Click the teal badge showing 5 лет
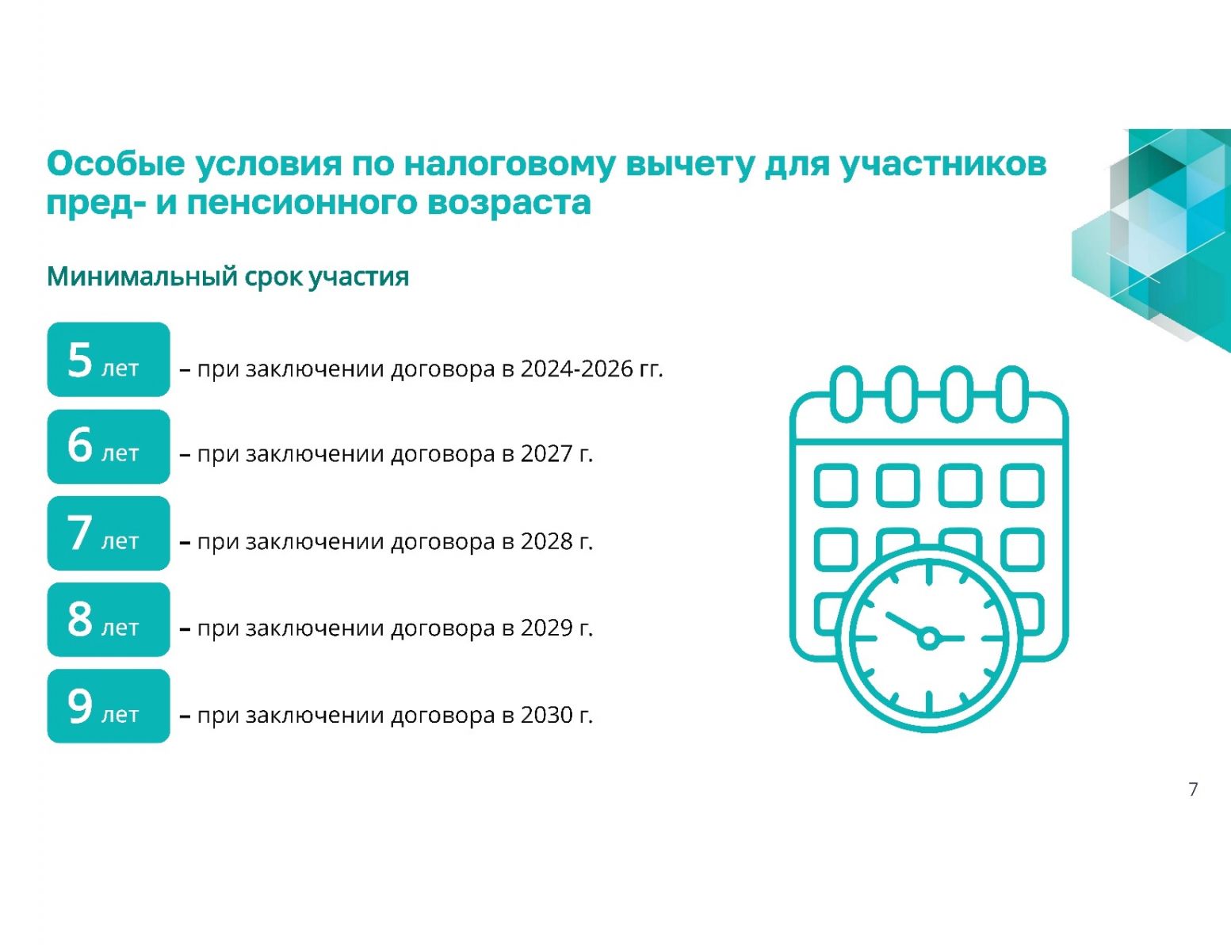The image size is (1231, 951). tap(109, 360)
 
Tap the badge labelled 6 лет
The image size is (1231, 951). tap(109, 446)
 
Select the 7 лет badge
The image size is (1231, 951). tap(109, 533)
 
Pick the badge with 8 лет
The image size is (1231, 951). tap(109, 620)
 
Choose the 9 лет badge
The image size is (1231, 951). tap(109, 706)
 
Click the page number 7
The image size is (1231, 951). tap(1193, 789)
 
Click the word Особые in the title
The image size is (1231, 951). tap(116, 164)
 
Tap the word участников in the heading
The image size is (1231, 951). tap(943, 165)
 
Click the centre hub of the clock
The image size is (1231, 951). tap(928, 638)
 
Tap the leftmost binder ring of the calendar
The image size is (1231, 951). tap(847, 394)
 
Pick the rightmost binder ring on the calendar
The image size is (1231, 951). tap(1012, 394)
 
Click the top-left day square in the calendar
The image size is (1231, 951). tap(835, 486)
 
